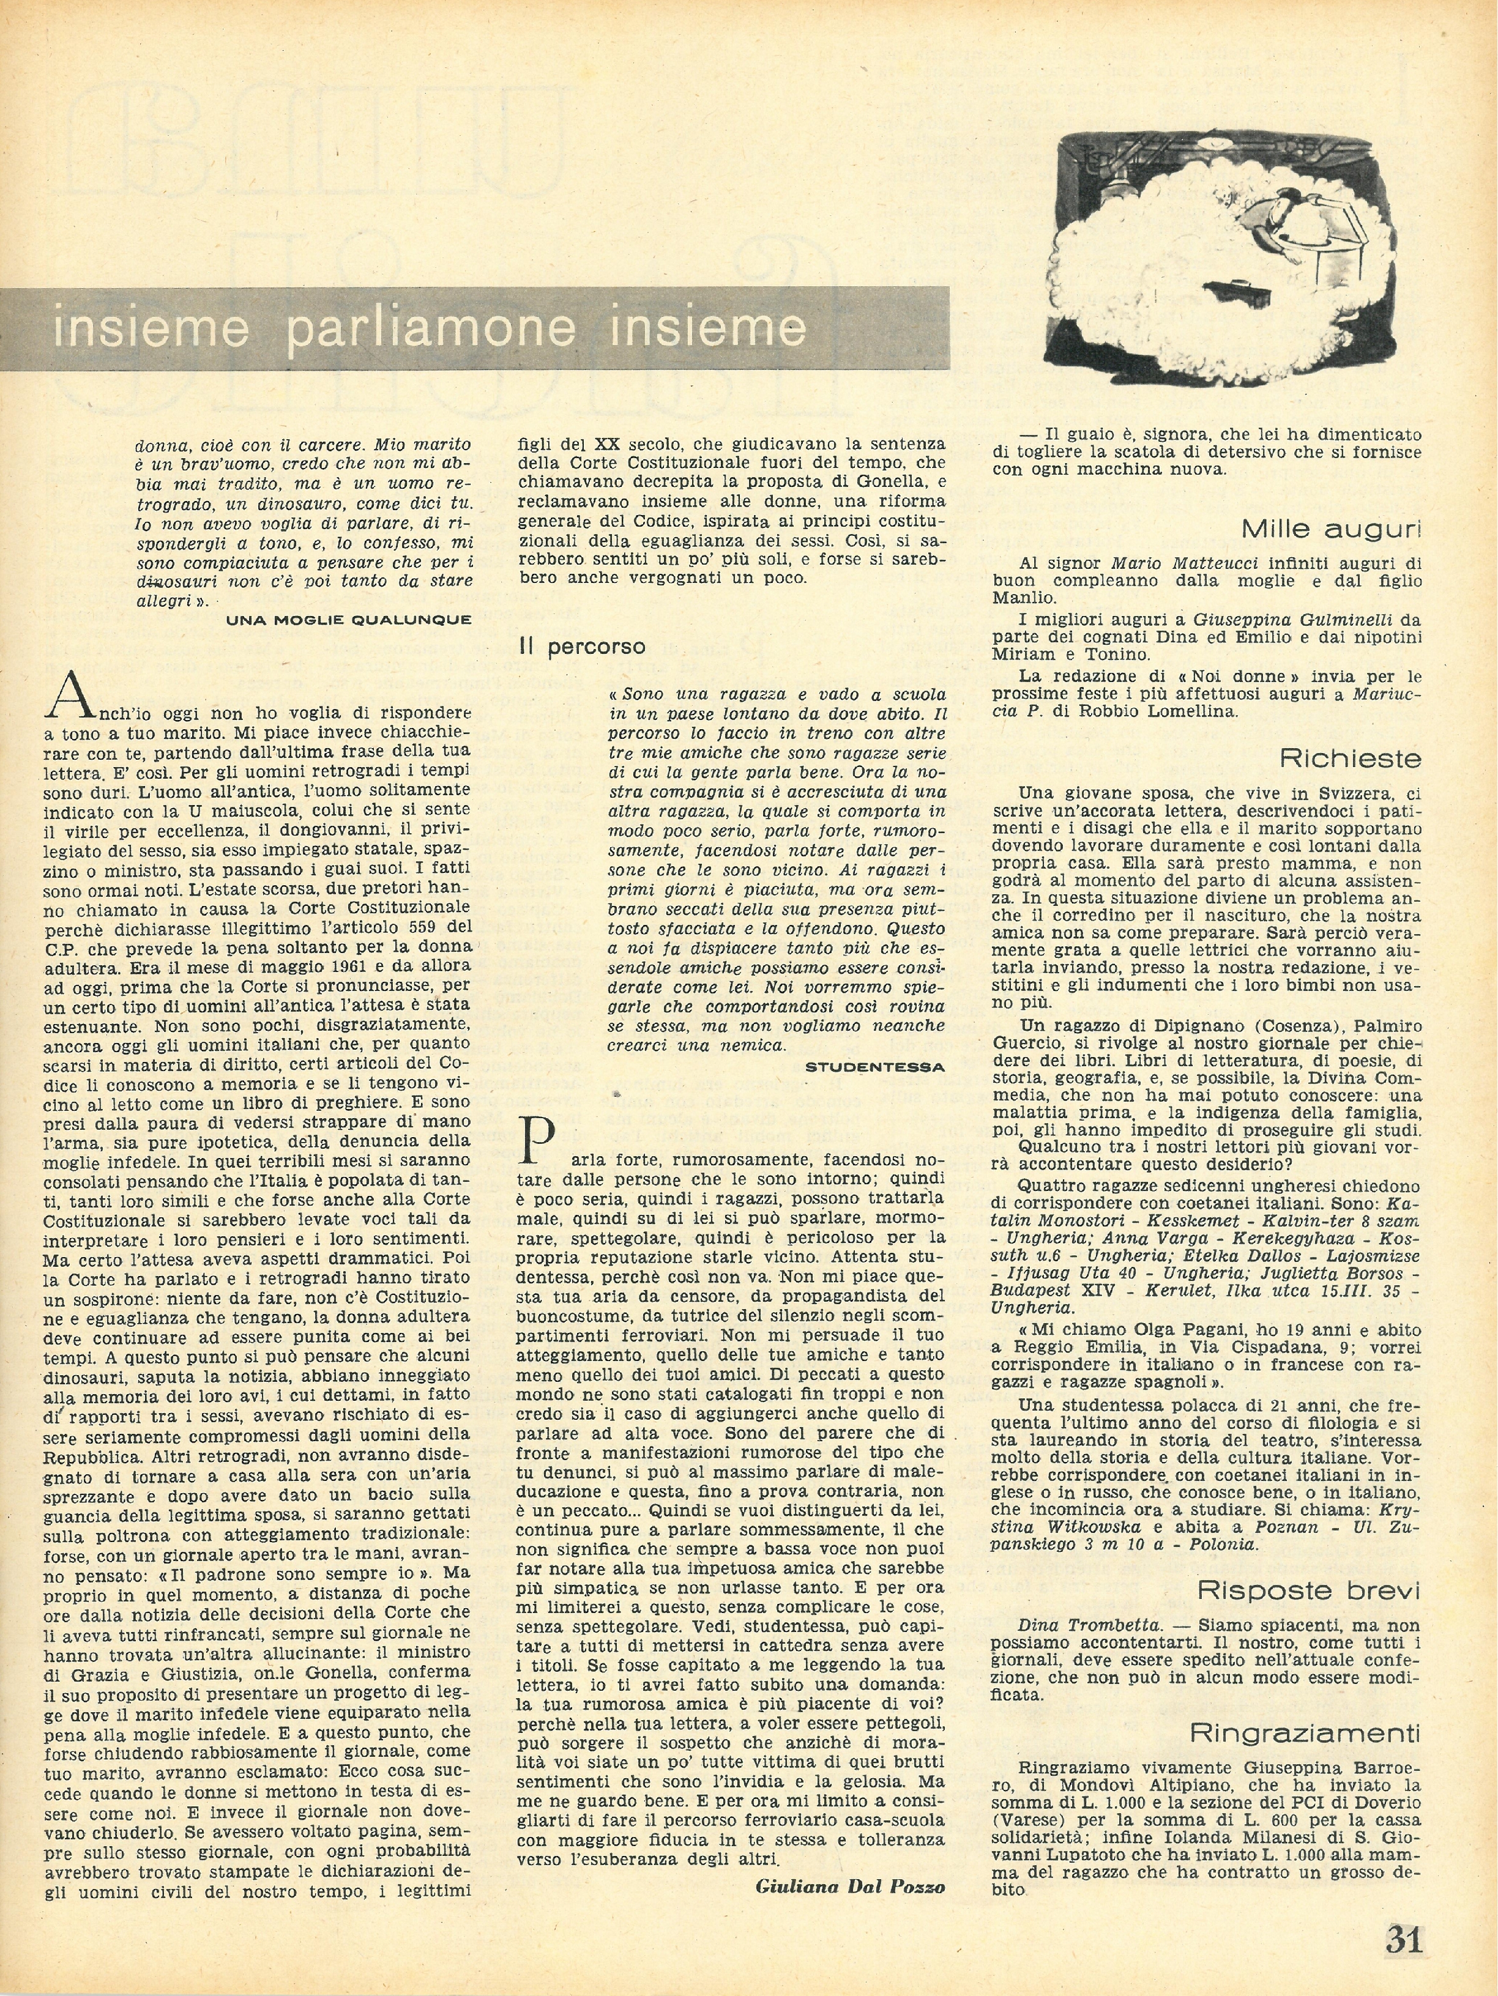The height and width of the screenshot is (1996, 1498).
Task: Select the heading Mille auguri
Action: pos(1330,528)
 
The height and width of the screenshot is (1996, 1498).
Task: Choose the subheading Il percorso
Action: pos(581,647)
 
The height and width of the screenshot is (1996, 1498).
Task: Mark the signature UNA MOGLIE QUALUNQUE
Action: pos(348,619)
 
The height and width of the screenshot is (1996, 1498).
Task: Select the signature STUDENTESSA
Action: pos(874,1067)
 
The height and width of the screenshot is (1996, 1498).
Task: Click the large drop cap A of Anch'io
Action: pos(70,695)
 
